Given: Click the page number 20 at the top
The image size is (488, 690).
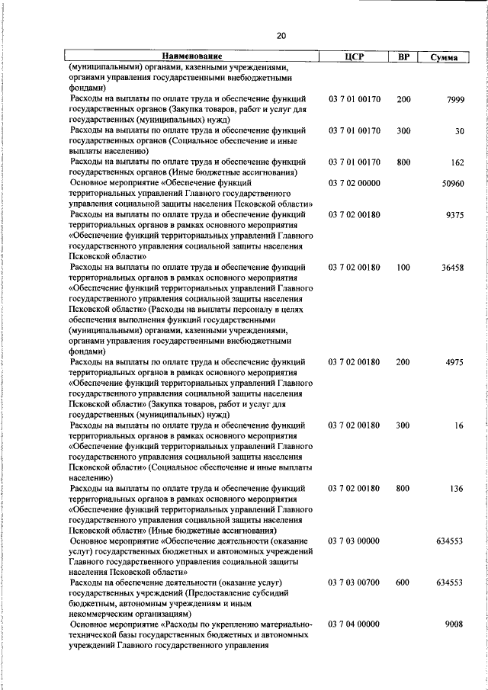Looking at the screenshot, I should pos(281,35).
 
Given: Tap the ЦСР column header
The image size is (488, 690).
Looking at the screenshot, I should pos(355,56).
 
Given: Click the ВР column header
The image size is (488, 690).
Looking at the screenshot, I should pos(403,56).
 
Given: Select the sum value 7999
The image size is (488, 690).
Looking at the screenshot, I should pos(454,99).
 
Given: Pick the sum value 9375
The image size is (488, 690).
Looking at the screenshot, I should pos(454,215).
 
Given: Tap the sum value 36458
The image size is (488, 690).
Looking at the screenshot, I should pos(451,268).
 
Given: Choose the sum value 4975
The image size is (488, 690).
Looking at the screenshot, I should pos(454,362).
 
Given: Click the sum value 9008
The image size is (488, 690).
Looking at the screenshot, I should pos(454,624).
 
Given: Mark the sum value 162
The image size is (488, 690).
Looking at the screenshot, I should pos(457,162).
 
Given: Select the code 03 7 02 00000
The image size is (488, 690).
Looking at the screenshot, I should pos(354,184).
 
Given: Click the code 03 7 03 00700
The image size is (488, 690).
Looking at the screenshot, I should pos(354,582).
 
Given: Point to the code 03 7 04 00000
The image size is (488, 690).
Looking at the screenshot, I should pos(354,624).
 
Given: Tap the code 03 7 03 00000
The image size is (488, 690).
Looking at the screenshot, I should pos(354,541).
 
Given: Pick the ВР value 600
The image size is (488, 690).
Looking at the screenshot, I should pos(403,582).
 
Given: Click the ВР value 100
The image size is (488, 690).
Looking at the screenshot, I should pos(403,268).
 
